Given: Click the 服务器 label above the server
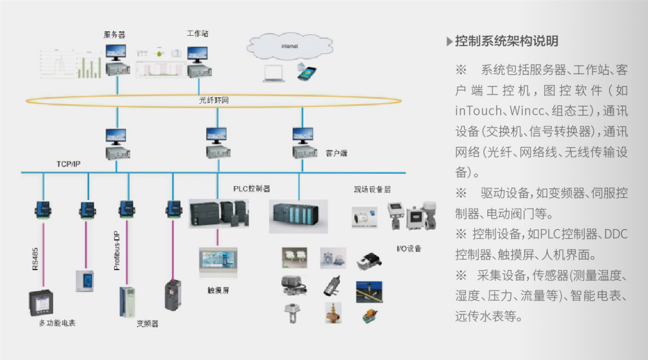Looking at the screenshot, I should (x=115, y=35).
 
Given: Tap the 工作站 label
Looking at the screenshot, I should (x=197, y=34).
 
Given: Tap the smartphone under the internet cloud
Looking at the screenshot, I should (x=307, y=73).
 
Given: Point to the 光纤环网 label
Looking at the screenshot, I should (x=214, y=100).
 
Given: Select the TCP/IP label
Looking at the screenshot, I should (x=69, y=164).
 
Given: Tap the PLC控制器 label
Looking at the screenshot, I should (x=252, y=189).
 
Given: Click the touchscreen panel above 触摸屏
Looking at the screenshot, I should (x=218, y=263).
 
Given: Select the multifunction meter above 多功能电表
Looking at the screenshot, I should (x=41, y=302).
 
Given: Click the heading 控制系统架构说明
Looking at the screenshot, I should (x=506, y=41).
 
